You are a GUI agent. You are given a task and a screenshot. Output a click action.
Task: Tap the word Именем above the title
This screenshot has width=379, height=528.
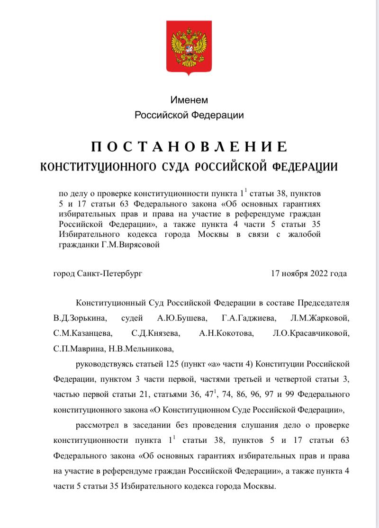tap(189, 100)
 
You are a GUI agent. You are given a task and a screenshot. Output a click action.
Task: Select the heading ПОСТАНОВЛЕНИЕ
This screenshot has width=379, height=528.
tap(189, 146)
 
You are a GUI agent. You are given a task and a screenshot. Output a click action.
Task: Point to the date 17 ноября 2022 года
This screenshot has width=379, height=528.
tap(308, 273)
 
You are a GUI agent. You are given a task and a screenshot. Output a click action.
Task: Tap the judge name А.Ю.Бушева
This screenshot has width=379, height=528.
tap(176, 317)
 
